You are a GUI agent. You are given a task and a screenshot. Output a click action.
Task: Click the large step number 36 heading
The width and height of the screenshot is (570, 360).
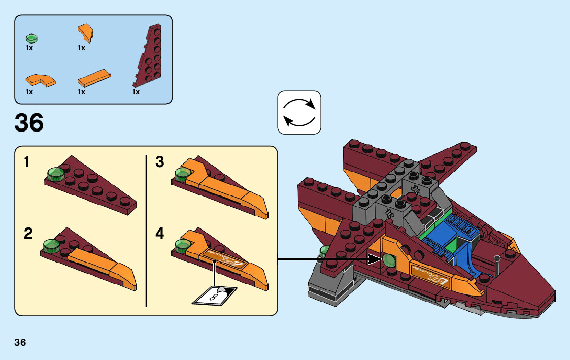(x=29, y=123)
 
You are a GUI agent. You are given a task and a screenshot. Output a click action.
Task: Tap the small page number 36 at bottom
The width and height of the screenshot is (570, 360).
(x=20, y=342)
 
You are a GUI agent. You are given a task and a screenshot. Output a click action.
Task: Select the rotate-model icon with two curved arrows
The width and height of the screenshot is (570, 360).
(x=299, y=112)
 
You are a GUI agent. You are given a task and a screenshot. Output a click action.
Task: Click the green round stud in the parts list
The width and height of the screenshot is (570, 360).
(x=32, y=38)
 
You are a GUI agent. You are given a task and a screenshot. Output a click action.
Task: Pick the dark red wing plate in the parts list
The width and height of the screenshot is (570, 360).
(x=148, y=56)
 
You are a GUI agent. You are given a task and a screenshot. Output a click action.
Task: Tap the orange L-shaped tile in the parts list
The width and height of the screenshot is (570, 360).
(x=40, y=80)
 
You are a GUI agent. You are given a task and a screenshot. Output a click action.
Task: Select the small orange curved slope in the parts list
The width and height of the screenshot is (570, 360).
(x=85, y=33)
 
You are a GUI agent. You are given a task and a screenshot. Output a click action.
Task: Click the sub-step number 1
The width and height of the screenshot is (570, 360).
(x=27, y=163)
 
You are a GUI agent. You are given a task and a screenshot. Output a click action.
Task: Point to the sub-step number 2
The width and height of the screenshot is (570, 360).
(x=28, y=234)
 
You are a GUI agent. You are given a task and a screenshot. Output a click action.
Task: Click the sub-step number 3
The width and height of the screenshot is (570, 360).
(x=160, y=162)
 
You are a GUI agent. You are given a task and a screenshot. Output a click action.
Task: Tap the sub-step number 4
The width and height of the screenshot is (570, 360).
(x=160, y=234)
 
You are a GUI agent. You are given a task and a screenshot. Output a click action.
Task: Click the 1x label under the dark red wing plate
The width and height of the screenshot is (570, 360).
(x=136, y=92)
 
